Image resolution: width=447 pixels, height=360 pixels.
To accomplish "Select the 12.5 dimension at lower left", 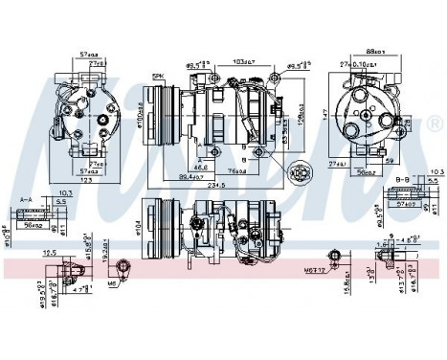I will tap(50, 253).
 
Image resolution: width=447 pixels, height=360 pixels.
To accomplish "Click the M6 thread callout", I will tap(112, 284).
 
